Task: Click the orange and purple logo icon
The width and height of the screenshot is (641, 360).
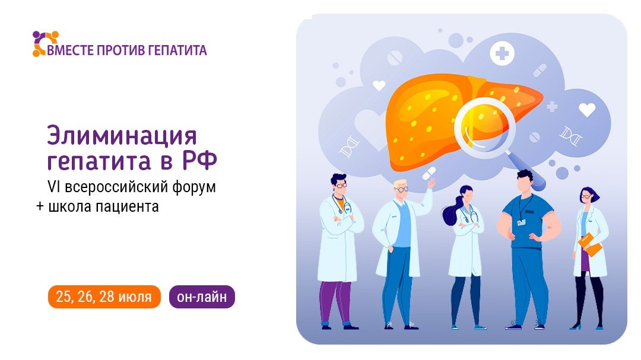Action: click(46, 43)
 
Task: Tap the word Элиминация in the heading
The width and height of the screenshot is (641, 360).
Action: click(121, 136)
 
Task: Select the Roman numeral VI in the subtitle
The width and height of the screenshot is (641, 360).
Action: click(53, 187)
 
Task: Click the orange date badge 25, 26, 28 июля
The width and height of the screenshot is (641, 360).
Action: click(104, 297)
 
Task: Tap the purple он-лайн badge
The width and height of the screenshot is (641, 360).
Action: click(202, 297)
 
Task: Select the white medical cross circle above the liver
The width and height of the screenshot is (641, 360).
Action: click(502, 55)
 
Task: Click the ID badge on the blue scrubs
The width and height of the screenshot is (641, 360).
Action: click(521, 222)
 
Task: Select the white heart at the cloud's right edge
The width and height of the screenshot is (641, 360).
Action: click(586, 110)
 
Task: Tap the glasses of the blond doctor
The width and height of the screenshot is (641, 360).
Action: click(401, 189)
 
